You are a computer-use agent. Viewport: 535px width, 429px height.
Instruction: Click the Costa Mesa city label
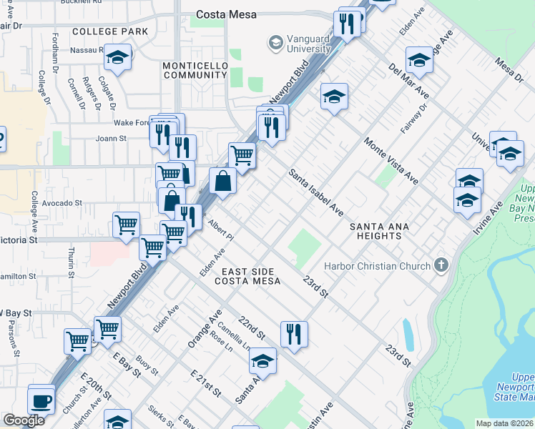tap(227, 14)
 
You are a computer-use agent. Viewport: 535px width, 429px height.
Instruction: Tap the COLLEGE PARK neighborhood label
tap(110, 31)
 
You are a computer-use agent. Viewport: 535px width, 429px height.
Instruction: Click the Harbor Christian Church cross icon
tap(442, 266)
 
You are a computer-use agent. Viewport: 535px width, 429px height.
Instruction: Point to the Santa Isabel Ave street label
tap(316, 193)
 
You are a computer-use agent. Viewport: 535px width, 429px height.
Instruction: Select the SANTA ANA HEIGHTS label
tap(379, 231)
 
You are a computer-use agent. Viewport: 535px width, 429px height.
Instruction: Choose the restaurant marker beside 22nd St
tap(294, 333)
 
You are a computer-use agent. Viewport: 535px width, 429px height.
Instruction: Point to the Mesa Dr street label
tap(509, 70)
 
